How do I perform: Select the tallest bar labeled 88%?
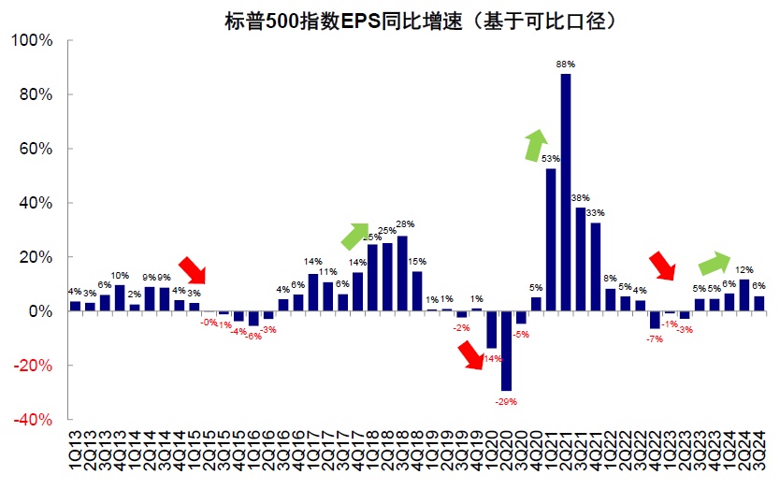[566, 192]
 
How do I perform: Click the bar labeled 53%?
[551, 239]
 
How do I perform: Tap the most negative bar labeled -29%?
[506, 351]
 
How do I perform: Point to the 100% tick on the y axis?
[36, 41]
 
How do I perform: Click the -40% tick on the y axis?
[36, 420]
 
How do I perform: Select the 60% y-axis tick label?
[38, 150]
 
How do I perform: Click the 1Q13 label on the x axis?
[75, 453]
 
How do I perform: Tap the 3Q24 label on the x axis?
[759, 453]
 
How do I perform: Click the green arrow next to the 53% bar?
[535, 146]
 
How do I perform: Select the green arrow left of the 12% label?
[716, 265]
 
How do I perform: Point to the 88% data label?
[566, 64]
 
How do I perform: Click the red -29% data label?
[506, 401]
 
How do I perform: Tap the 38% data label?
[581, 198]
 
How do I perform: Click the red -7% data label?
[655, 338]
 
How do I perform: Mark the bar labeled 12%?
[744, 295]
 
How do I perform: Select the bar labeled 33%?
[596, 266]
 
